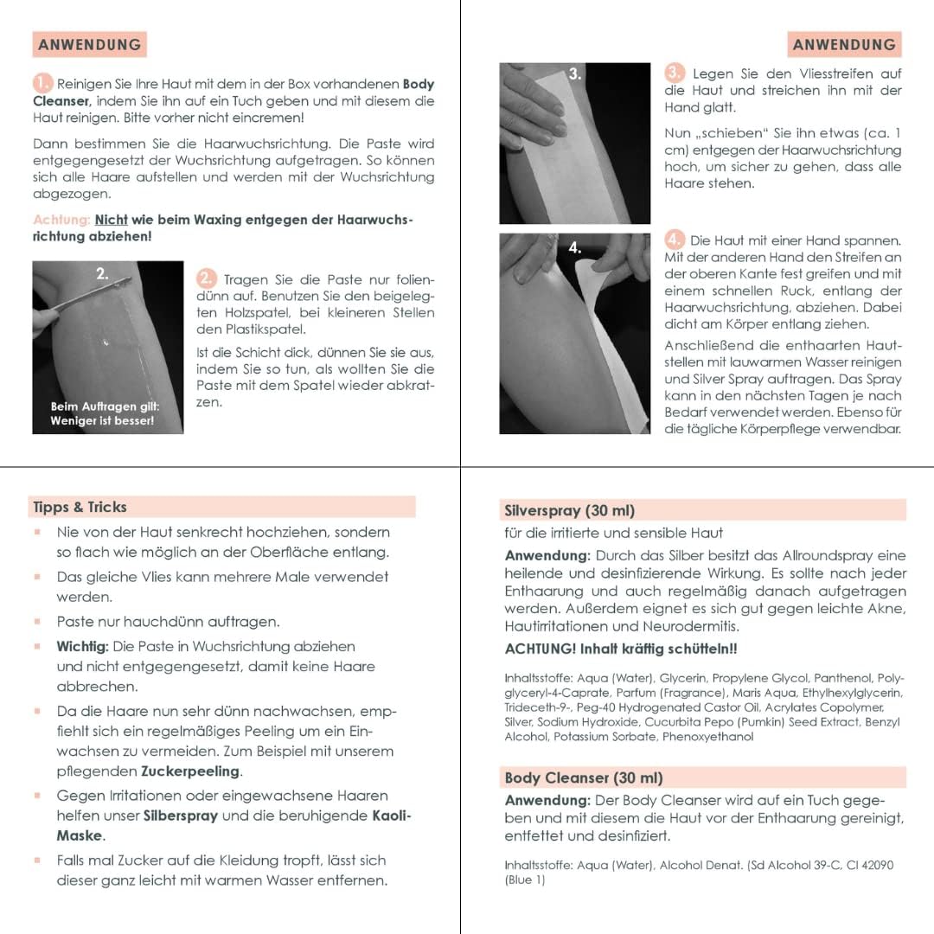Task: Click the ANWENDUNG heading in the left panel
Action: (x=89, y=44)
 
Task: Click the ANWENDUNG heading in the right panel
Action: (x=843, y=44)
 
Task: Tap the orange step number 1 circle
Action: (x=43, y=84)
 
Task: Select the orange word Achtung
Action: (x=61, y=220)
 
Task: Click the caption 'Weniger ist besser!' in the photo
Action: (x=102, y=421)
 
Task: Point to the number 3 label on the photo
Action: (x=575, y=74)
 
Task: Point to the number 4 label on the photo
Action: (x=575, y=247)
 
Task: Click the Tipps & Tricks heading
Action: (x=80, y=508)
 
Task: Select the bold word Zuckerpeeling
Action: (x=190, y=771)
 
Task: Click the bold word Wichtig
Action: (x=83, y=646)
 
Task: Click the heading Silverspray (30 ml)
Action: (x=570, y=510)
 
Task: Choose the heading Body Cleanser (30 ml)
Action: (x=584, y=777)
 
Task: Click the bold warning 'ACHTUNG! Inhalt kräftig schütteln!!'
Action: (x=621, y=649)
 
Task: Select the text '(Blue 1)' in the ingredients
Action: (x=525, y=880)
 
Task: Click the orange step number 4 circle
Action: (x=675, y=240)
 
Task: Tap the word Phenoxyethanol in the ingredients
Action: (x=708, y=737)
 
